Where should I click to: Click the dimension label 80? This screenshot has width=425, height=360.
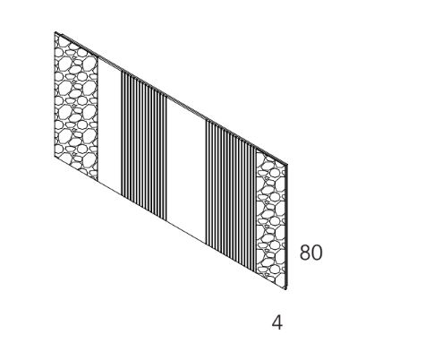pos(310,253)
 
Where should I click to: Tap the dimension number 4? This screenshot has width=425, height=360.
pos(277,322)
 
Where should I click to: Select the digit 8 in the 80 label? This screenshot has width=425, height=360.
pos(305,253)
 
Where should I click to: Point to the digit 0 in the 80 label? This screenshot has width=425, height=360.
pos(317,253)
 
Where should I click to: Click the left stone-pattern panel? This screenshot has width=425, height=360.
pos(76,107)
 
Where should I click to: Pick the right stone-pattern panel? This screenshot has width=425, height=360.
pos(271,219)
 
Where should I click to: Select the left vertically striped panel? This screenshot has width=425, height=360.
pos(144,146)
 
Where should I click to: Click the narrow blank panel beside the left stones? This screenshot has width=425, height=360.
pos(109,125)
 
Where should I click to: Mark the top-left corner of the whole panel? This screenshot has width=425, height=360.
pos(55,32)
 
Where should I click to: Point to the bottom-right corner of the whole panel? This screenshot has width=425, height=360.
pos(287,289)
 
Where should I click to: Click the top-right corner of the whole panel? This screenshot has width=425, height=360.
pos(288,164)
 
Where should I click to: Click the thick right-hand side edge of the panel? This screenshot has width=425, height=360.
pos(287,227)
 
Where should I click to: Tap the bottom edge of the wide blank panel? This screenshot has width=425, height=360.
pos(186,232)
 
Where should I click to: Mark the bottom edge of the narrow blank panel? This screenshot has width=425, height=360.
pos(109,187)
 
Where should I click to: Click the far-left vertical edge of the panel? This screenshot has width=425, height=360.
pos(55,94)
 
